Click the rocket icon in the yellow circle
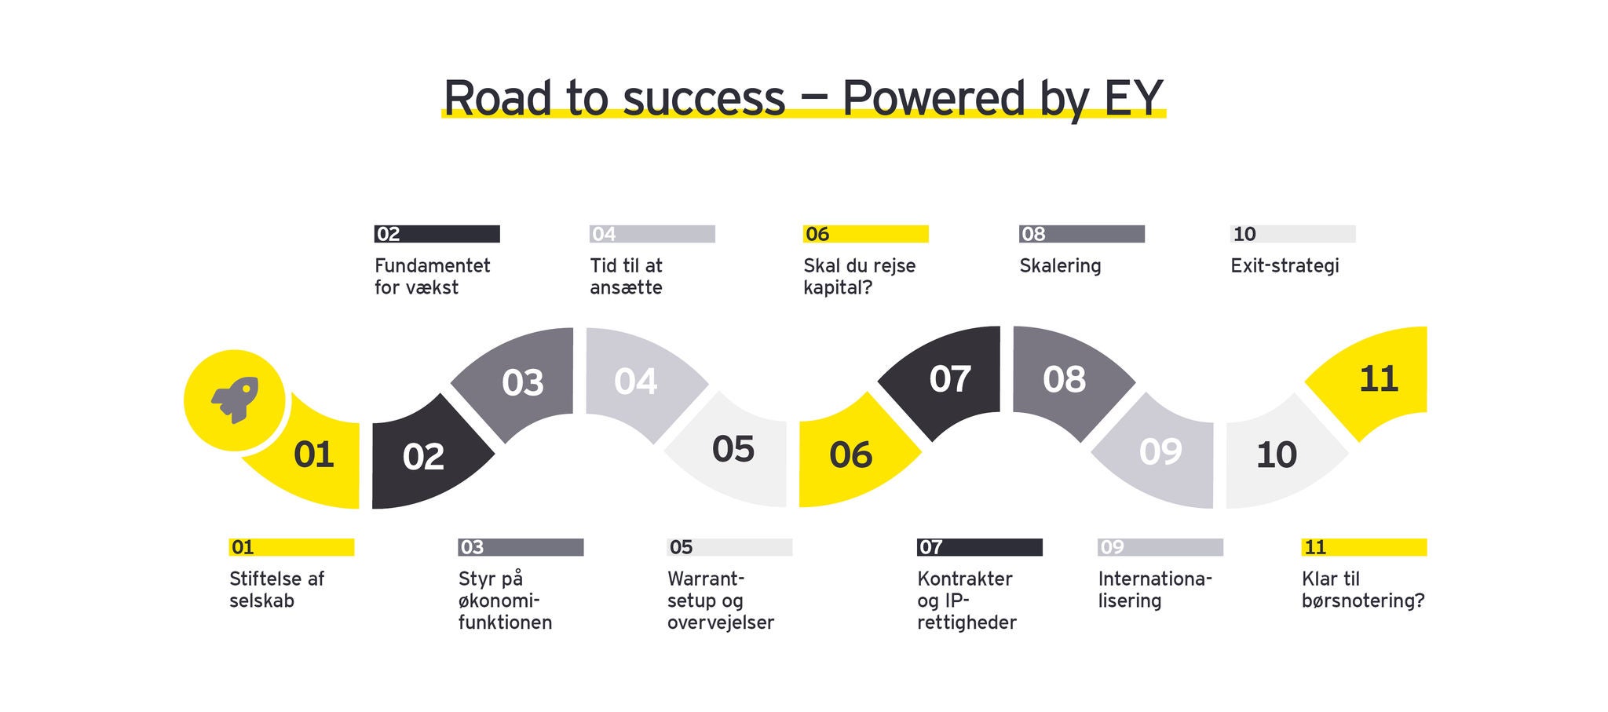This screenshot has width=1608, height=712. (x=235, y=400)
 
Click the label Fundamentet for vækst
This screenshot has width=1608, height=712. (x=432, y=276)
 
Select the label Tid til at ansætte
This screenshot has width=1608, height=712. (x=627, y=276)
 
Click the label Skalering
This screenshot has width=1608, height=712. (x=1060, y=266)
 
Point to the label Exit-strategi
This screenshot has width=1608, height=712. (x=1285, y=266)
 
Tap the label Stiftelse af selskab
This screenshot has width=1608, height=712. (x=276, y=590)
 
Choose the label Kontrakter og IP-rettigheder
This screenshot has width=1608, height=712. (x=967, y=601)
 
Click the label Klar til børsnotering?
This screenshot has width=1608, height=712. (x=1363, y=590)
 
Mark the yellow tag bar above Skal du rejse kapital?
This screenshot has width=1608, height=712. (x=865, y=234)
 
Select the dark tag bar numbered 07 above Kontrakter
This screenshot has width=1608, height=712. (x=979, y=547)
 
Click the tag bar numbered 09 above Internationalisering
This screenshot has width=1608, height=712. (x=1160, y=547)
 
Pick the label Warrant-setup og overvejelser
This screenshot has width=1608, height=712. (x=721, y=601)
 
